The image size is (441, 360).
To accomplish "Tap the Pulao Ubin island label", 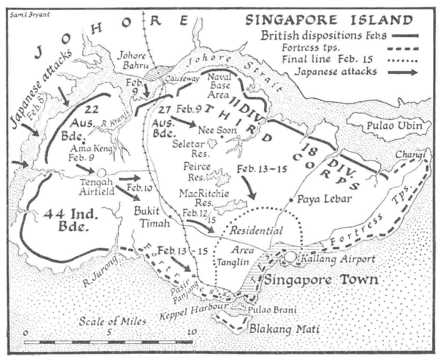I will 394,126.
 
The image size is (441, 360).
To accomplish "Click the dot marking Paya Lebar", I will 291,199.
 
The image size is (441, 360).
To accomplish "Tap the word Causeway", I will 182,79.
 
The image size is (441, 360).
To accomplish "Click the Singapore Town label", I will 321,280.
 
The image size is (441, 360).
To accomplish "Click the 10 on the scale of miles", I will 192,332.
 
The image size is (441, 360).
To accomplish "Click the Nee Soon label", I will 212,130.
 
